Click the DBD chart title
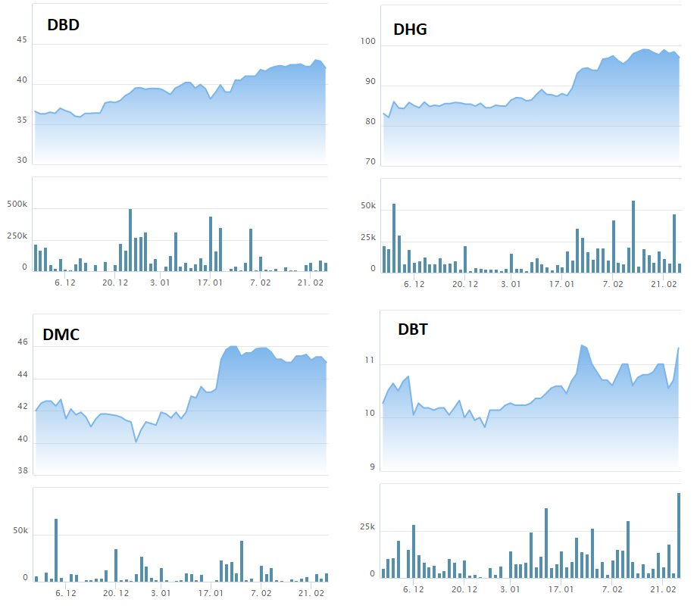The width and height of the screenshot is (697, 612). coord(63,24)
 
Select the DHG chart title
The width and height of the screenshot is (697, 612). coord(410,30)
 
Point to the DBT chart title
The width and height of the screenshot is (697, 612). coord(413,329)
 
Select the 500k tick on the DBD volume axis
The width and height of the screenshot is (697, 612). coord(16,205)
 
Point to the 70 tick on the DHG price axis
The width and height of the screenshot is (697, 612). coord(369,161)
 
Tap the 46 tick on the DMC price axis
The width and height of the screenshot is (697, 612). coord(21,342)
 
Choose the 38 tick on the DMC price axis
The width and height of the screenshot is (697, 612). coord(21,471)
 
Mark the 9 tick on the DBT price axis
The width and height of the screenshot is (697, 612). coord(372,467)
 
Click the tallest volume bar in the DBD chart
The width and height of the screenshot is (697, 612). coord(130,239)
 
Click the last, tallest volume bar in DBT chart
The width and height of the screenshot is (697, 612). coord(679,535)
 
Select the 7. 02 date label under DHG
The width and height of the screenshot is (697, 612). coord(612,284)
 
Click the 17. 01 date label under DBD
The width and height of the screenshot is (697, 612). coord(210,283)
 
